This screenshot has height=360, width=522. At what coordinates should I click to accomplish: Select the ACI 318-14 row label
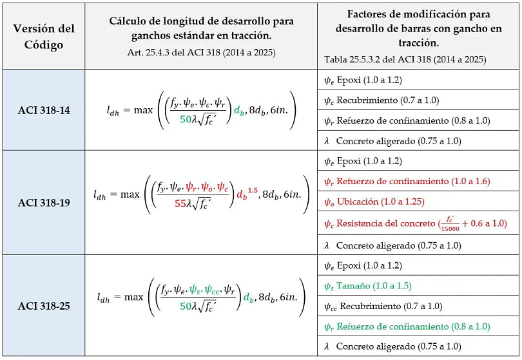44,110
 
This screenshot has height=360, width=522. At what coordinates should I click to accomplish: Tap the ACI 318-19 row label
44,202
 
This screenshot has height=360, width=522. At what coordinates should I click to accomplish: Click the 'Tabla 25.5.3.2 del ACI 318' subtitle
405,59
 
